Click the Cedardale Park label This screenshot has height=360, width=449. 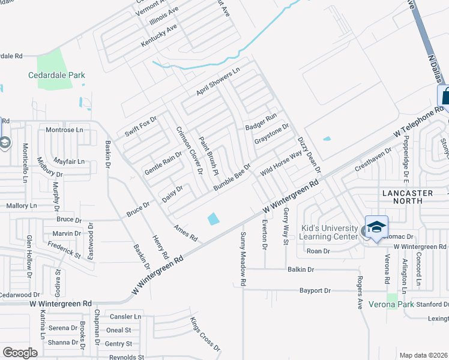point(57,75)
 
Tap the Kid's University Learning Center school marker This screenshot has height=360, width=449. point(376,228)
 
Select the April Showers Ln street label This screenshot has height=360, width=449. point(218,82)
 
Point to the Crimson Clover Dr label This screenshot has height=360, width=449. point(189,151)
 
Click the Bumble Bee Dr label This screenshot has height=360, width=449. point(232,177)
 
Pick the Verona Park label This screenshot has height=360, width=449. point(391,304)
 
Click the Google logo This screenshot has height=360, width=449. point(20,352)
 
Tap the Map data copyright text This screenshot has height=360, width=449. point(424,355)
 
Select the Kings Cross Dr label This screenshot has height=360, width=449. point(205,334)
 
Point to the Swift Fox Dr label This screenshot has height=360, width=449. point(140,127)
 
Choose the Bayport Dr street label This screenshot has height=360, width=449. point(315,291)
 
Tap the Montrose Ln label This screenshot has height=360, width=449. point(64,130)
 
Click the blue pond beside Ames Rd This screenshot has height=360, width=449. point(213,220)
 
